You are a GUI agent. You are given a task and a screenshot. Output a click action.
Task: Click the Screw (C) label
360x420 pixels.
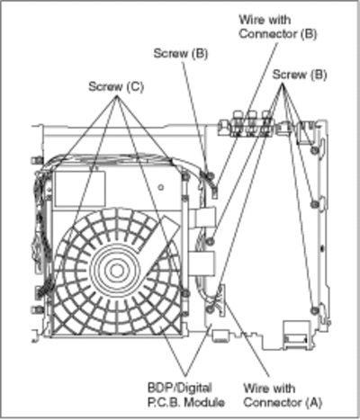116,86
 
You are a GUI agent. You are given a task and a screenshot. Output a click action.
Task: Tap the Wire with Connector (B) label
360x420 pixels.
278,27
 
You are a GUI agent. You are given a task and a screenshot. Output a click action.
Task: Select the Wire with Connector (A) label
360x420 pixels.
283,395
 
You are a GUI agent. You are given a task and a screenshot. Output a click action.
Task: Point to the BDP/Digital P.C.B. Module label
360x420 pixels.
186,395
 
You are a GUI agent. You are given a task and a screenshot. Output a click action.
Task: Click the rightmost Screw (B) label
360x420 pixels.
300,75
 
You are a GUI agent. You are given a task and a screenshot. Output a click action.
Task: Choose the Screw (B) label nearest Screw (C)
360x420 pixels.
181,54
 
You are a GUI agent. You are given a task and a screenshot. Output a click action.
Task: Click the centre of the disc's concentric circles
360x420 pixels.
116,271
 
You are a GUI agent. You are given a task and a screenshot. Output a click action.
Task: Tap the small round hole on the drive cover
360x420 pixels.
161,188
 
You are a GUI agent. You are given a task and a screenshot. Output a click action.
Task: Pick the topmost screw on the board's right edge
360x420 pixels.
314,150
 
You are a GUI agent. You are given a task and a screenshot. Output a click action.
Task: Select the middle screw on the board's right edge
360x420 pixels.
314,204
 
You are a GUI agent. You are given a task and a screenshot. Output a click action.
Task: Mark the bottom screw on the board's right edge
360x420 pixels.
314,309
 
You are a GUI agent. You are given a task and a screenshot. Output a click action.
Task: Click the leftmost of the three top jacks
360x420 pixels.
238,123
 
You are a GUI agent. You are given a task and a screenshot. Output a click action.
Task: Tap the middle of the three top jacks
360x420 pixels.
252,123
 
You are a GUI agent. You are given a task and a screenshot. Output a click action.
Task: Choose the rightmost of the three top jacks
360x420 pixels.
265,123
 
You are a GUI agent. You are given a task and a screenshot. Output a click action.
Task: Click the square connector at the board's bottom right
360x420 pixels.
296,335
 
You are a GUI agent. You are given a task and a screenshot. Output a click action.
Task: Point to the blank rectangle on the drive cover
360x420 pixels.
80,189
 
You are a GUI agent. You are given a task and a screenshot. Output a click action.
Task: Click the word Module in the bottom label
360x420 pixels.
204,402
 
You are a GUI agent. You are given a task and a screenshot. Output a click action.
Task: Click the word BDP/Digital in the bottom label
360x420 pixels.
180,388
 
